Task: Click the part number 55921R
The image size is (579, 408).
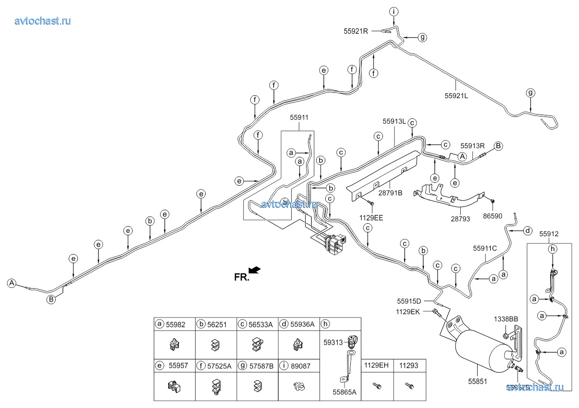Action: (356, 31)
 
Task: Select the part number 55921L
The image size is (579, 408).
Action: (456, 95)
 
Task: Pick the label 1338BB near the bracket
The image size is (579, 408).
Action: (506, 319)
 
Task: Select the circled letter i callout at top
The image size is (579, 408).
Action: (394, 12)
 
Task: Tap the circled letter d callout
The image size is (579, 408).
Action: (527, 231)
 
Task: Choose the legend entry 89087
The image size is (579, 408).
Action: (299, 366)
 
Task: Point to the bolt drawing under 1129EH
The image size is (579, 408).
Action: (376, 385)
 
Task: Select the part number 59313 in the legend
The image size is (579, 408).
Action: (333, 343)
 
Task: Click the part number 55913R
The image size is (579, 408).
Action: (473, 145)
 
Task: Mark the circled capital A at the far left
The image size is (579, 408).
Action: (12, 283)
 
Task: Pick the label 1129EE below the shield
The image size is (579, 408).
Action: (371, 217)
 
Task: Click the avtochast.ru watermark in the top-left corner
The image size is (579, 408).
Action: (43, 20)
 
